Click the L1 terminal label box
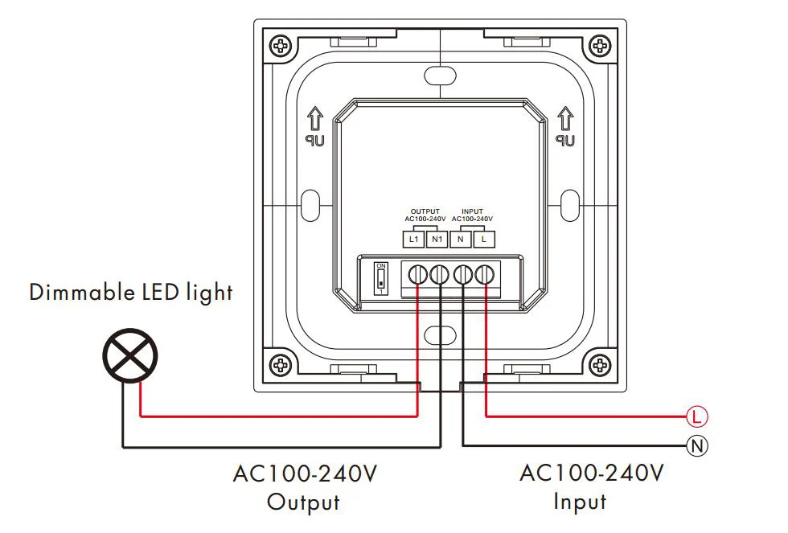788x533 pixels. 413,240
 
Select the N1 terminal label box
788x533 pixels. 437,240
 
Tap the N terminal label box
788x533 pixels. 461,240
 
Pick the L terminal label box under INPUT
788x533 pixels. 484,240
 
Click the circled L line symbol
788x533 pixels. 697,416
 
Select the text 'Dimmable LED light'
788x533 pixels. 131,292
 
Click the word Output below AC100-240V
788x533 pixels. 303,502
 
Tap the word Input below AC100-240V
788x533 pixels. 580,502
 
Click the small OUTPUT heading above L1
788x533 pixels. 425,211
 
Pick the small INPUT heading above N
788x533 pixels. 473,211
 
